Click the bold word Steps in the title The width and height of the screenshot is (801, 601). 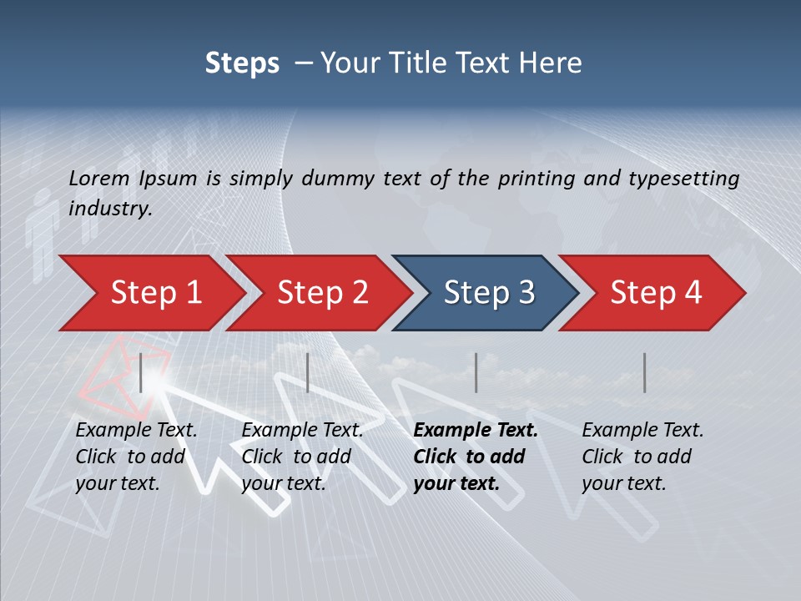242,63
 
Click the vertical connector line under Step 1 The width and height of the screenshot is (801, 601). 141,372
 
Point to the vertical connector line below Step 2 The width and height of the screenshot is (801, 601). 308,372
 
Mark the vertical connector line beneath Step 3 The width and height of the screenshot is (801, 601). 476,372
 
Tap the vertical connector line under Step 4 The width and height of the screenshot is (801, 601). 645,372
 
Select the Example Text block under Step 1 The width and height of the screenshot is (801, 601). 135,457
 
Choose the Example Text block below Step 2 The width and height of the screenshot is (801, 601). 301,457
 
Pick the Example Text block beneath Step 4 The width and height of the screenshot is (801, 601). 642,457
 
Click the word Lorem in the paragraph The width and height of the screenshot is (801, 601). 99,179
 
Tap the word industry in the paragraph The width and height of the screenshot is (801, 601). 109,209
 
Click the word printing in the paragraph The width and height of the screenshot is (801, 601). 532,179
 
